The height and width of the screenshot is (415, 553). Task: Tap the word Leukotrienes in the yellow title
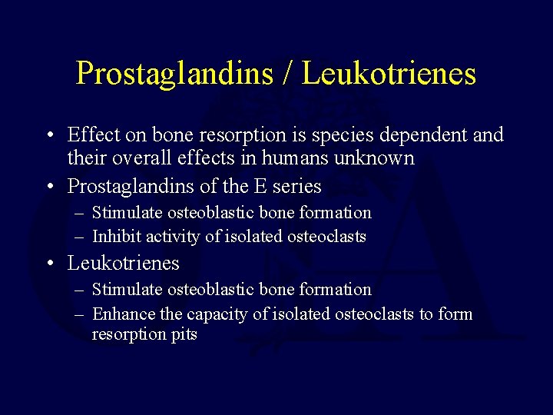(389, 74)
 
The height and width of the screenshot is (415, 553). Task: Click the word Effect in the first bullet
(94, 135)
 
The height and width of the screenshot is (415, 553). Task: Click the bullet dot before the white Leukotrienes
(48, 264)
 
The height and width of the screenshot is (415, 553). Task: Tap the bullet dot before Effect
(48, 136)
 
